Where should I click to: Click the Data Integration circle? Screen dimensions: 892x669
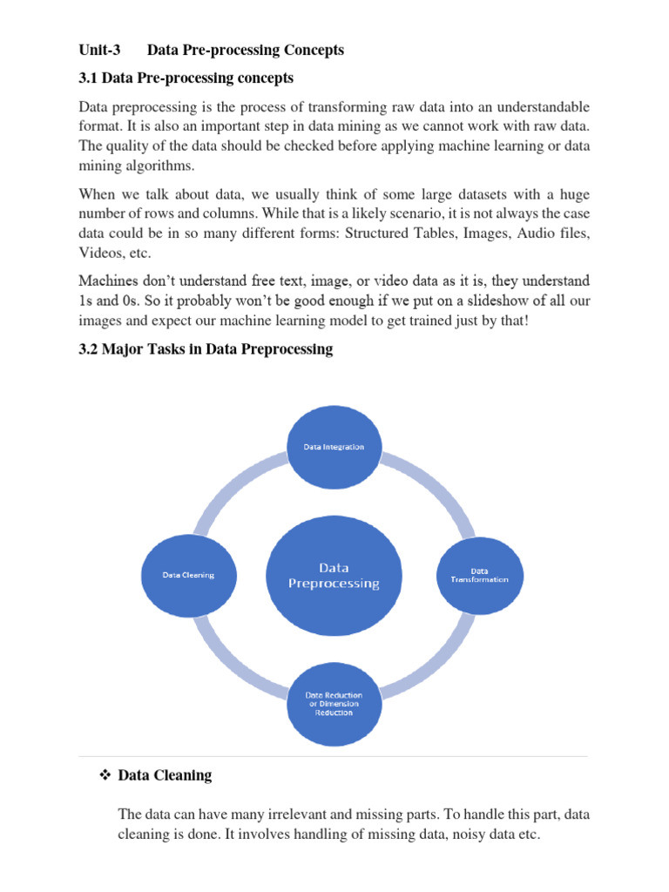coord(334,446)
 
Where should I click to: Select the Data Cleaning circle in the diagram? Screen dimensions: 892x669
coord(188,575)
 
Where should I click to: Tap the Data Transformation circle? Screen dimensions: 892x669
coord(479,575)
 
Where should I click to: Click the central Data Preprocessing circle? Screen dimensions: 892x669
coord(334,576)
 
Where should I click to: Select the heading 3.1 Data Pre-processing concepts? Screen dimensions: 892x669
coord(186,78)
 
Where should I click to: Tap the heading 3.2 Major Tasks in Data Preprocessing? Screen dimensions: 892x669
coord(206,349)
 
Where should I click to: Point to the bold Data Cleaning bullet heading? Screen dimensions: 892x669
coord(165,774)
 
